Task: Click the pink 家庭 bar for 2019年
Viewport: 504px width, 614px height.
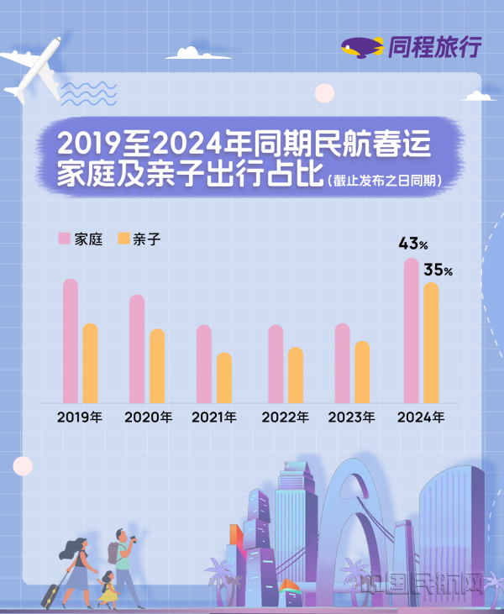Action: (x=70, y=341)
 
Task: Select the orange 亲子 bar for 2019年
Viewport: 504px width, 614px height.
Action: (x=90, y=363)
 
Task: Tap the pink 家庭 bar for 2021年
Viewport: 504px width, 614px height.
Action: (x=203, y=364)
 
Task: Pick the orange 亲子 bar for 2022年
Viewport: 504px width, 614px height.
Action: (x=295, y=375)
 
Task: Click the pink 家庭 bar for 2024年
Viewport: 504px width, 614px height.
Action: (x=411, y=331)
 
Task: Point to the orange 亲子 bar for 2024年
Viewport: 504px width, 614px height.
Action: (x=431, y=343)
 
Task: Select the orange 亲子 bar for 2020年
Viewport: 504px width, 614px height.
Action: (x=157, y=365)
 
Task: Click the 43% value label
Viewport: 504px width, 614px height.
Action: (x=413, y=244)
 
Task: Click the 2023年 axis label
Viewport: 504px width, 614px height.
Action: (x=351, y=417)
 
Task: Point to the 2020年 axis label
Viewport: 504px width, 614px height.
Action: (x=147, y=417)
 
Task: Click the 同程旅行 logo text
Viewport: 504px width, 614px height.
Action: (x=434, y=48)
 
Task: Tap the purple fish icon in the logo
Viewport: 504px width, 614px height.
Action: (x=362, y=48)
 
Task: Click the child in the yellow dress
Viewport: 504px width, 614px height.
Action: (x=108, y=588)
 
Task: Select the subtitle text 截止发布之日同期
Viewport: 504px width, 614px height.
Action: (x=386, y=181)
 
